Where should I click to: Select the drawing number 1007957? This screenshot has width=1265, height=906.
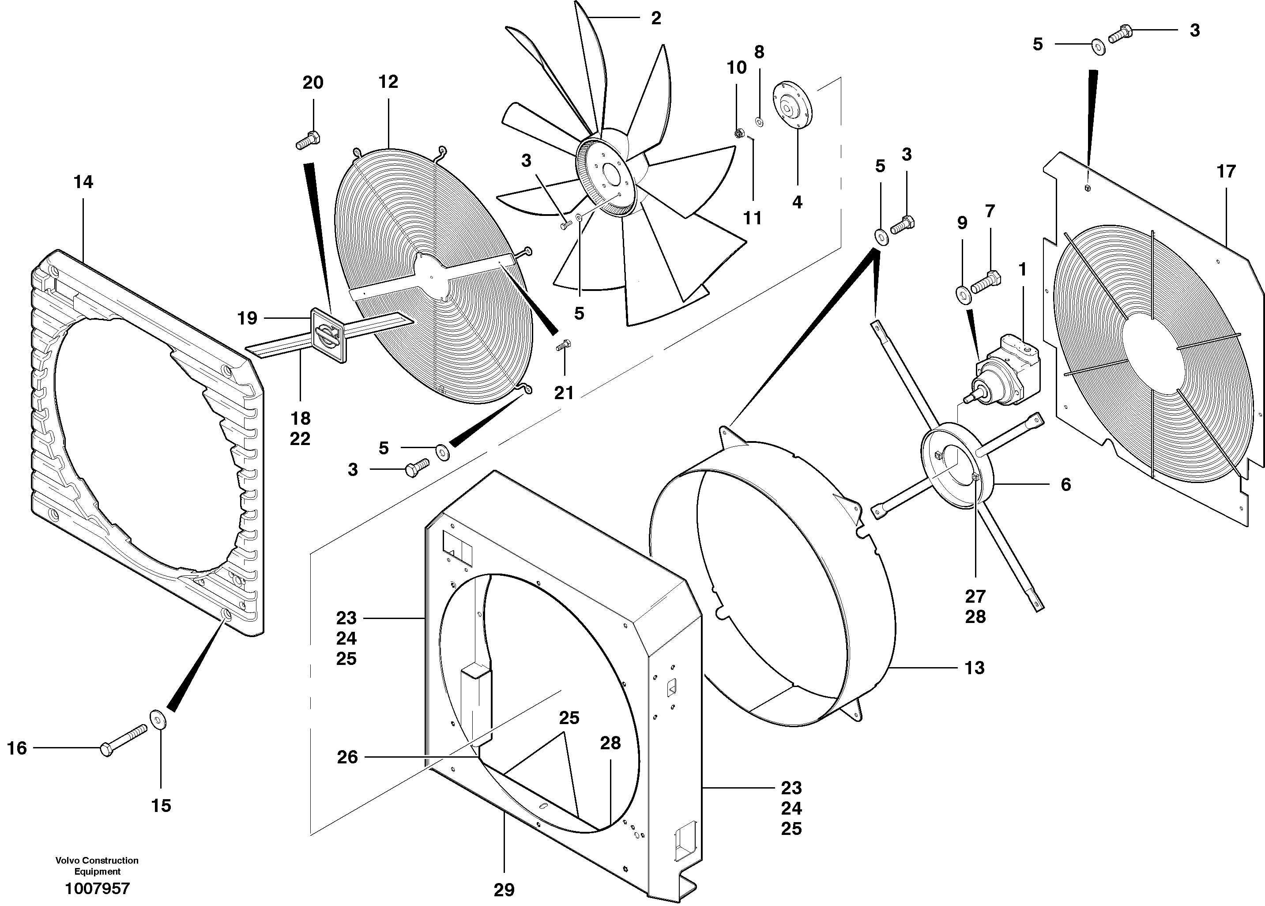pyautogui.click(x=98, y=889)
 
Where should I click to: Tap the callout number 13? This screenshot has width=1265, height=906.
pyautogui.click(x=975, y=668)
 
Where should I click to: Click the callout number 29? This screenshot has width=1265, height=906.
pyautogui.click(x=504, y=890)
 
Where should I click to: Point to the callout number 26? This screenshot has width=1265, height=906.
pyautogui.click(x=347, y=757)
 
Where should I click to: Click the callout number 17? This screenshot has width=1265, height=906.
pyautogui.click(x=1226, y=171)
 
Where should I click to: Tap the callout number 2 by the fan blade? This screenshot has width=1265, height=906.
pyautogui.click(x=656, y=19)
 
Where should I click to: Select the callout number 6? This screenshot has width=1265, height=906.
pyautogui.click(x=1065, y=484)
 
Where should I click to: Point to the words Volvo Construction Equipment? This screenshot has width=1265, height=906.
pyautogui.click(x=97, y=866)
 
